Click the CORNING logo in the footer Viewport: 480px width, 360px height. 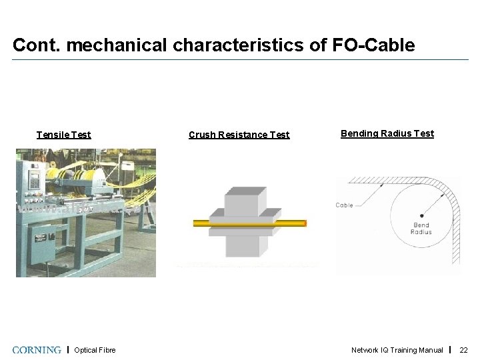click(37, 349)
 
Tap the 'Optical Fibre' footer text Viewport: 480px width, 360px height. click(95, 350)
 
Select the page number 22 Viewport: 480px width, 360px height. click(464, 350)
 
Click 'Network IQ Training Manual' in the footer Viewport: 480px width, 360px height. click(397, 350)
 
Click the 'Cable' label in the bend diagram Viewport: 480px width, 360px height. click(344, 205)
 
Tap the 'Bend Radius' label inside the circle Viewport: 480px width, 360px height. click(421, 228)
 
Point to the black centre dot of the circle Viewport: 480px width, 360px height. click(421, 215)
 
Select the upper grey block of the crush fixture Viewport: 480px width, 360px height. click(245, 201)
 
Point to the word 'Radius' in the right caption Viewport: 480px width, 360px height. click(403, 133)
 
